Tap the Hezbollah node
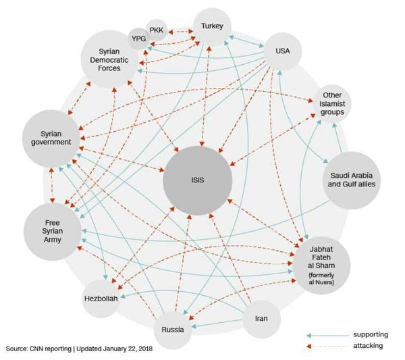[101, 298]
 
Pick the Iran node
[261, 318]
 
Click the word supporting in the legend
[371, 334]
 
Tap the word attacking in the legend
[369, 346]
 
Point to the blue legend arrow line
[325, 334]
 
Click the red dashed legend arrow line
[325, 346]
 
